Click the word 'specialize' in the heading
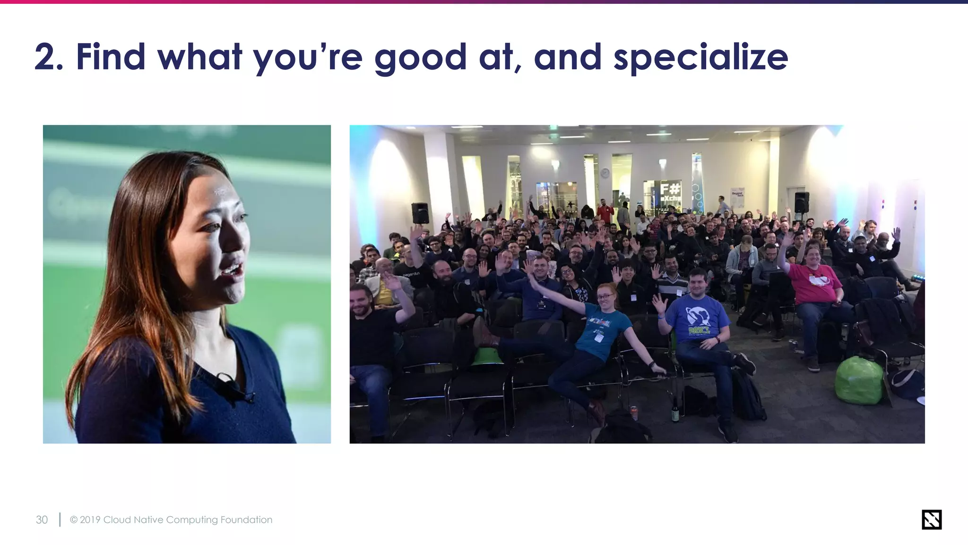[x=700, y=58]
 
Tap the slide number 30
[x=42, y=519]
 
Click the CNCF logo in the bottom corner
[x=931, y=519]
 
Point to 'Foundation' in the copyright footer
[x=246, y=519]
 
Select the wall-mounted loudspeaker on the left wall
[x=420, y=213]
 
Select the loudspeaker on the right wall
[x=801, y=202]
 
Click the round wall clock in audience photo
[x=605, y=173]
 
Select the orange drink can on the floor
[x=634, y=413]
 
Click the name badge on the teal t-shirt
[x=599, y=338]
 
